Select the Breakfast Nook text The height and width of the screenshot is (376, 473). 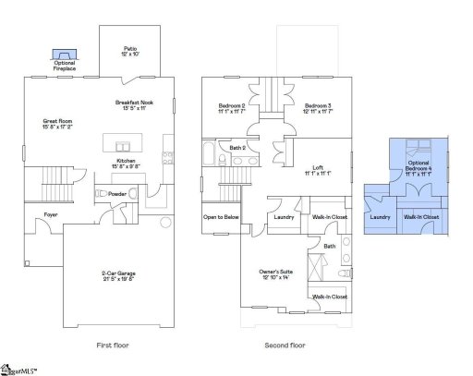click(134, 105)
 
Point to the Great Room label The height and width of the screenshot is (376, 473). click(57, 123)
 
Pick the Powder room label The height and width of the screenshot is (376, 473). click(116, 194)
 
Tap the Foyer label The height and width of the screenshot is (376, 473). click(39, 215)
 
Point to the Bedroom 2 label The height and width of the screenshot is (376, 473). click(231, 107)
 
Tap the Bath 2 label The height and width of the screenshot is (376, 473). click(236, 148)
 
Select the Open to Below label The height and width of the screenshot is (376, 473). click(221, 217)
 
